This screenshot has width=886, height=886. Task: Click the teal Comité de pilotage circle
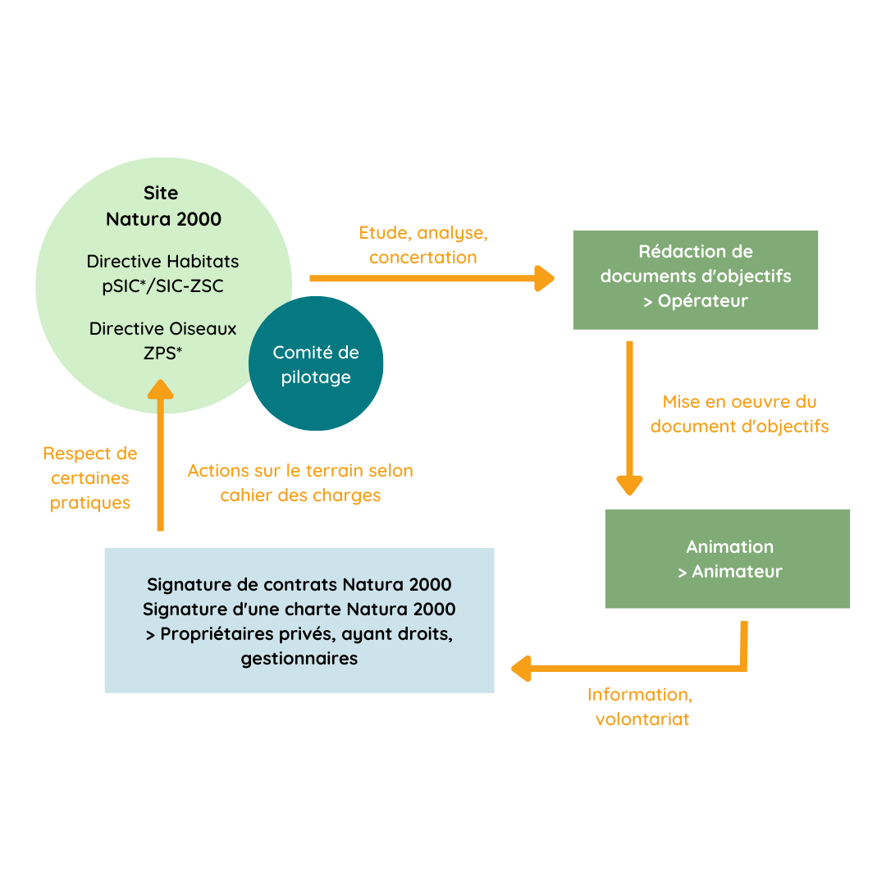click(x=316, y=364)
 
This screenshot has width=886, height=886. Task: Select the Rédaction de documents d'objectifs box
click(x=695, y=280)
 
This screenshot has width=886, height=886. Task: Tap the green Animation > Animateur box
click(x=727, y=559)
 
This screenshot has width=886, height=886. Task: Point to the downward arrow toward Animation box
click(x=629, y=418)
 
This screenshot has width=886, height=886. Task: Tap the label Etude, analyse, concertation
click(x=423, y=244)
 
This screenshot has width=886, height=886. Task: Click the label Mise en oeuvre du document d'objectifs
click(x=739, y=414)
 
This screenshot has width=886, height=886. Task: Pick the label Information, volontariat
click(x=642, y=706)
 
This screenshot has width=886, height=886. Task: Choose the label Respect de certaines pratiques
click(x=90, y=477)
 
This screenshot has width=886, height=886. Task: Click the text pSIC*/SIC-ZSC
click(x=163, y=287)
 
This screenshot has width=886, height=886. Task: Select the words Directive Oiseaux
click(x=163, y=329)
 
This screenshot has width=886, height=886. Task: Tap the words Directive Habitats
click(x=163, y=262)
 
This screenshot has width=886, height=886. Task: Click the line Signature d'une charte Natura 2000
click(x=299, y=610)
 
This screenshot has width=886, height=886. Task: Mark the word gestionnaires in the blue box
click(x=299, y=659)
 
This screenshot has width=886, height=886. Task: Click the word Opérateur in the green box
click(x=703, y=301)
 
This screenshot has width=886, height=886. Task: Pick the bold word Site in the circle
click(x=161, y=194)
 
